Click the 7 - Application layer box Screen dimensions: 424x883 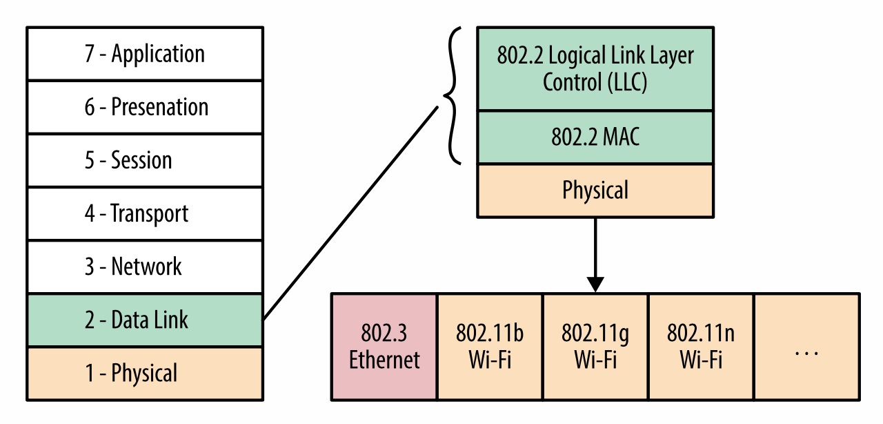145,54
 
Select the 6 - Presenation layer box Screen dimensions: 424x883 145,107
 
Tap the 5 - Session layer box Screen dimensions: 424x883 145,160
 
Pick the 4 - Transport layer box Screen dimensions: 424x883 145,213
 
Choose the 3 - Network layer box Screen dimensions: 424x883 145,267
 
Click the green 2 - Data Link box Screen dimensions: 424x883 145,320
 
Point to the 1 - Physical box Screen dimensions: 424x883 145,373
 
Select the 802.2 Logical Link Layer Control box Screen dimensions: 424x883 595,68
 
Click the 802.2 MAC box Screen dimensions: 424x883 595,137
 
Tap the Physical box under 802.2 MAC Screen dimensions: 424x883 595,190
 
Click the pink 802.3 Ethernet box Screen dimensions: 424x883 384,347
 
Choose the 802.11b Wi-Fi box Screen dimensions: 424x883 490,347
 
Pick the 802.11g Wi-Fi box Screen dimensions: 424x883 595,347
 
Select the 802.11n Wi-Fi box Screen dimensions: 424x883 701,347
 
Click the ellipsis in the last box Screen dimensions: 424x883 806,353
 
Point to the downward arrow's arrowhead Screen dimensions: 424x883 595,285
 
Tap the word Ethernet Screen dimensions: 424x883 384,360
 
